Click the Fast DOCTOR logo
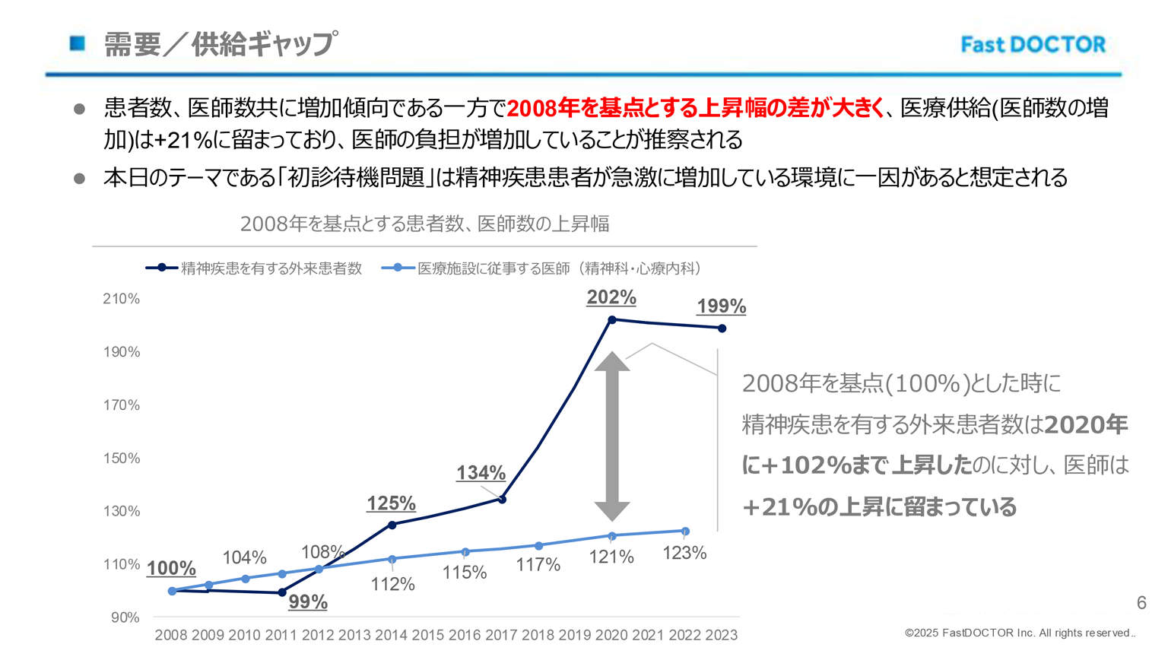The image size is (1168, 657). click(1033, 45)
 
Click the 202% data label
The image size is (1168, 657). click(611, 297)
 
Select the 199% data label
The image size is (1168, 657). click(721, 306)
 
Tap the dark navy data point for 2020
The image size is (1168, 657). click(612, 320)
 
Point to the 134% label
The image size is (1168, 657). click(481, 473)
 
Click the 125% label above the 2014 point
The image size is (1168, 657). click(391, 503)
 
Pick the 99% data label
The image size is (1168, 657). click(308, 601)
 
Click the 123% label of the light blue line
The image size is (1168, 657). click(684, 553)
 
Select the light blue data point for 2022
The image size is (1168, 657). click(685, 532)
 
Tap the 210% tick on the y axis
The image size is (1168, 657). click(122, 299)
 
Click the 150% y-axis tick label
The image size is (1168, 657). click(122, 458)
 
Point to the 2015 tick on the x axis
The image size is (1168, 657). click(428, 635)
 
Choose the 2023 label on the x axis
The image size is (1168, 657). click(721, 635)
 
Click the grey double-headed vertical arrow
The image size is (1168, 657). click(612, 436)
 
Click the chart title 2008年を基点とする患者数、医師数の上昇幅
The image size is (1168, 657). click(424, 224)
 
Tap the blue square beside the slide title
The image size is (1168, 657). click(78, 43)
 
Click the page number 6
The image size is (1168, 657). click(1141, 603)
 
